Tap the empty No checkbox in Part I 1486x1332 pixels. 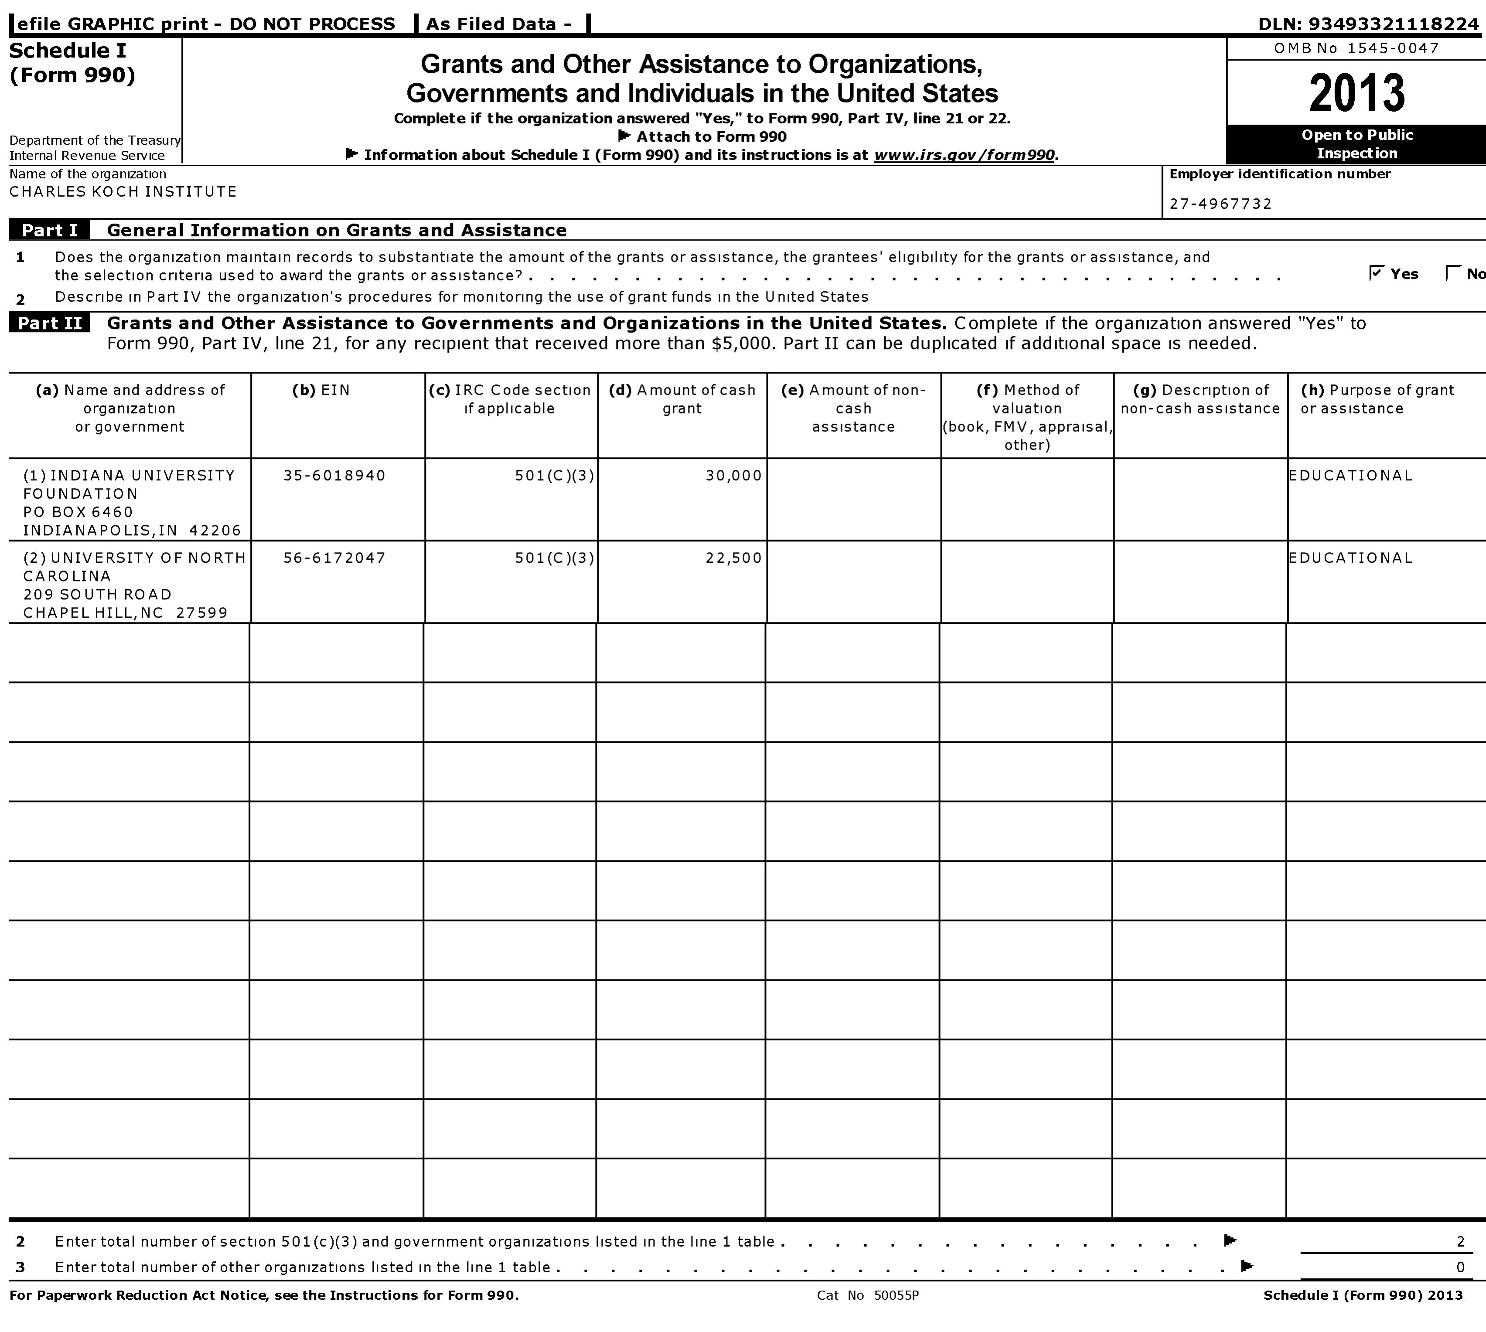[x=1452, y=273]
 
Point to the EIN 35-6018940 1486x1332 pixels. [x=334, y=476]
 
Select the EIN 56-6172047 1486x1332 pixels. [x=334, y=557]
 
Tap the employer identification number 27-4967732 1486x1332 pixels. [x=1220, y=204]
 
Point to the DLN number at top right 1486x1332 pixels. [x=1368, y=24]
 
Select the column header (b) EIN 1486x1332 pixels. [x=321, y=390]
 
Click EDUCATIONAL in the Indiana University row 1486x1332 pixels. [x=1350, y=476]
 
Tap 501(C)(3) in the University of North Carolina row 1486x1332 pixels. [x=554, y=557]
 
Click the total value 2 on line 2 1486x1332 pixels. [x=1460, y=1241]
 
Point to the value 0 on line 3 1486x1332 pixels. [x=1460, y=1267]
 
